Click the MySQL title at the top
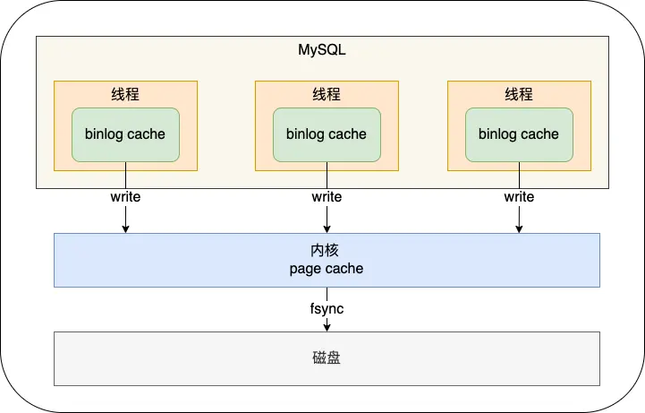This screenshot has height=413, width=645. (322, 50)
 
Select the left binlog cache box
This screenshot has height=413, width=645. (125, 135)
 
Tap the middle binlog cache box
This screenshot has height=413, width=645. (327, 135)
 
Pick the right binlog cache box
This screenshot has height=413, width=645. (519, 135)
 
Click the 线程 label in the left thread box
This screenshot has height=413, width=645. (125, 95)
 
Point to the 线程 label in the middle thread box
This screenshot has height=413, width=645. (327, 95)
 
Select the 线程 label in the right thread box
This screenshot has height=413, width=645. (519, 95)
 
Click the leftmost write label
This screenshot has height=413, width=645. (125, 196)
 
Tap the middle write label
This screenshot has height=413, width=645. (327, 196)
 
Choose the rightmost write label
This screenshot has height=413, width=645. (519, 196)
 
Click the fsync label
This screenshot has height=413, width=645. (327, 309)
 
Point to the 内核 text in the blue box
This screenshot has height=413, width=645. (327, 252)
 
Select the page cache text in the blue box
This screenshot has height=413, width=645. (327, 269)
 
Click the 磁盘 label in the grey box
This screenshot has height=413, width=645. (327, 358)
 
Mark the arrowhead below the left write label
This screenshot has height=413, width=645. (125, 229)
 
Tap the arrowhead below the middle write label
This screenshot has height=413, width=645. (327, 229)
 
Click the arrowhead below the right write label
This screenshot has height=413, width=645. (519, 229)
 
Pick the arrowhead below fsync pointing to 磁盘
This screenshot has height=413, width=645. (327, 327)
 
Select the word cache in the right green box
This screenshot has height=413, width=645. (540, 134)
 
